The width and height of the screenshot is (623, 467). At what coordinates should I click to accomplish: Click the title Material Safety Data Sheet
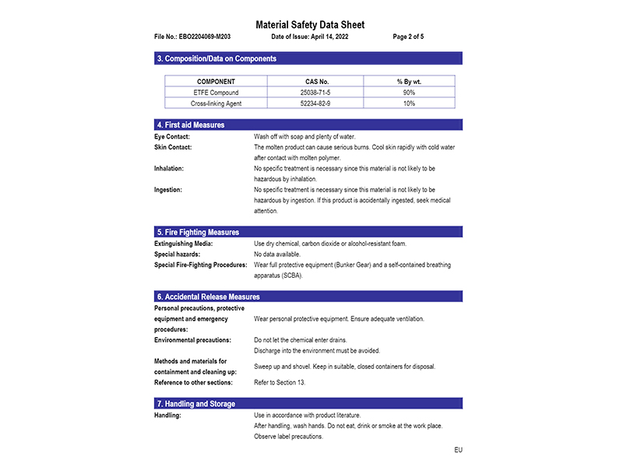click(x=310, y=25)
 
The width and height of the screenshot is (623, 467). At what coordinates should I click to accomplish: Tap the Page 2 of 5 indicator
click(x=409, y=37)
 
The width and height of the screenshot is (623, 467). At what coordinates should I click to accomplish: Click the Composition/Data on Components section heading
click(x=216, y=58)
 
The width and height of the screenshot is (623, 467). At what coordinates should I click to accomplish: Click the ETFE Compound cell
click(x=216, y=92)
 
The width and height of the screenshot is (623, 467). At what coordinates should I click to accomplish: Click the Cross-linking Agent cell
click(x=216, y=103)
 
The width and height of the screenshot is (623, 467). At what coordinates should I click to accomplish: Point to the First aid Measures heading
click(x=191, y=125)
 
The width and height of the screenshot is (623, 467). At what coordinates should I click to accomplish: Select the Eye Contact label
click(x=173, y=136)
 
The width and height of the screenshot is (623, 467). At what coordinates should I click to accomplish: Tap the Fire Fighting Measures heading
click(x=198, y=232)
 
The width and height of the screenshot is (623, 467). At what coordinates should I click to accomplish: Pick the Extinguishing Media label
click(x=183, y=244)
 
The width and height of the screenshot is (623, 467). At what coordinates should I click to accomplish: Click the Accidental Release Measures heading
click(x=208, y=297)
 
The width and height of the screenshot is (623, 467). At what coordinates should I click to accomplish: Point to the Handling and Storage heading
click(x=195, y=404)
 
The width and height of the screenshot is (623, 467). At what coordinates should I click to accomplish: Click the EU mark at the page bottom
click(x=458, y=450)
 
